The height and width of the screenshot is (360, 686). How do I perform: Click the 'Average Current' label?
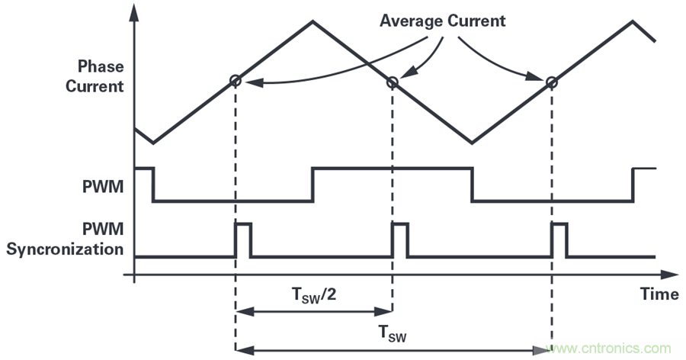click(443, 21)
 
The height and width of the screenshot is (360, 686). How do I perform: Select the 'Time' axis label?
click(660, 294)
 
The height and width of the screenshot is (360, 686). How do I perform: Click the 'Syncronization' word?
click(64, 249)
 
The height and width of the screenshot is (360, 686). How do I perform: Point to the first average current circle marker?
click(235, 81)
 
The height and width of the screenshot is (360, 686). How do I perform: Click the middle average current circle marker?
click(393, 82)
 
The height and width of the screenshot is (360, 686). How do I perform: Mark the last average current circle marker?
click(550, 81)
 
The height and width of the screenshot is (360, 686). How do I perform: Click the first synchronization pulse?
click(243, 239)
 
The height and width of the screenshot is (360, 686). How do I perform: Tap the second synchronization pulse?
click(400, 239)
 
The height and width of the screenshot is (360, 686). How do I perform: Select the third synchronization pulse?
click(559, 239)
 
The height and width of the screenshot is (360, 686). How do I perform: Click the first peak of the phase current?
click(312, 21)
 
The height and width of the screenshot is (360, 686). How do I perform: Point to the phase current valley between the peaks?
click(471, 142)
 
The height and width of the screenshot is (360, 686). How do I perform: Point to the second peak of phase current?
click(632, 21)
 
